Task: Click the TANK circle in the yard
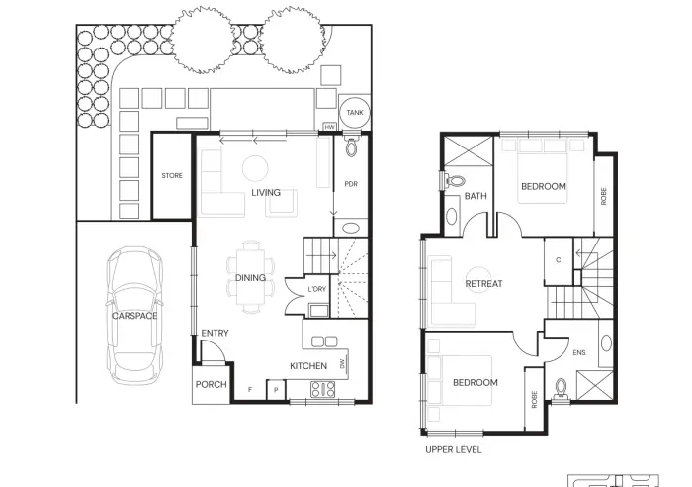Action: (354, 112)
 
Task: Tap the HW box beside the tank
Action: (329, 127)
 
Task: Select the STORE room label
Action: (172, 175)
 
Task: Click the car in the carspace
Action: (134, 316)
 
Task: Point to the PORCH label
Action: (211, 384)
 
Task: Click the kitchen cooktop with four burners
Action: (323, 389)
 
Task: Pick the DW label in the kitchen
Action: (342, 363)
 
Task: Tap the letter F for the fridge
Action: (250, 390)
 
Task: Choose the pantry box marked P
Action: (276, 390)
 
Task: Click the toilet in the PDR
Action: (351, 146)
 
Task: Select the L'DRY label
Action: (317, 289)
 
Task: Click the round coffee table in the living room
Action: (255, 168)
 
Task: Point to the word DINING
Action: (250, 277)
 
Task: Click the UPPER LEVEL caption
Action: (453, 449)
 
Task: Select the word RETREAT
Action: (483, 284)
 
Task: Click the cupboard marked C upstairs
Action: (559, 260)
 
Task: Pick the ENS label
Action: (579, 352)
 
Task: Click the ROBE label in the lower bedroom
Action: (535, 400)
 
